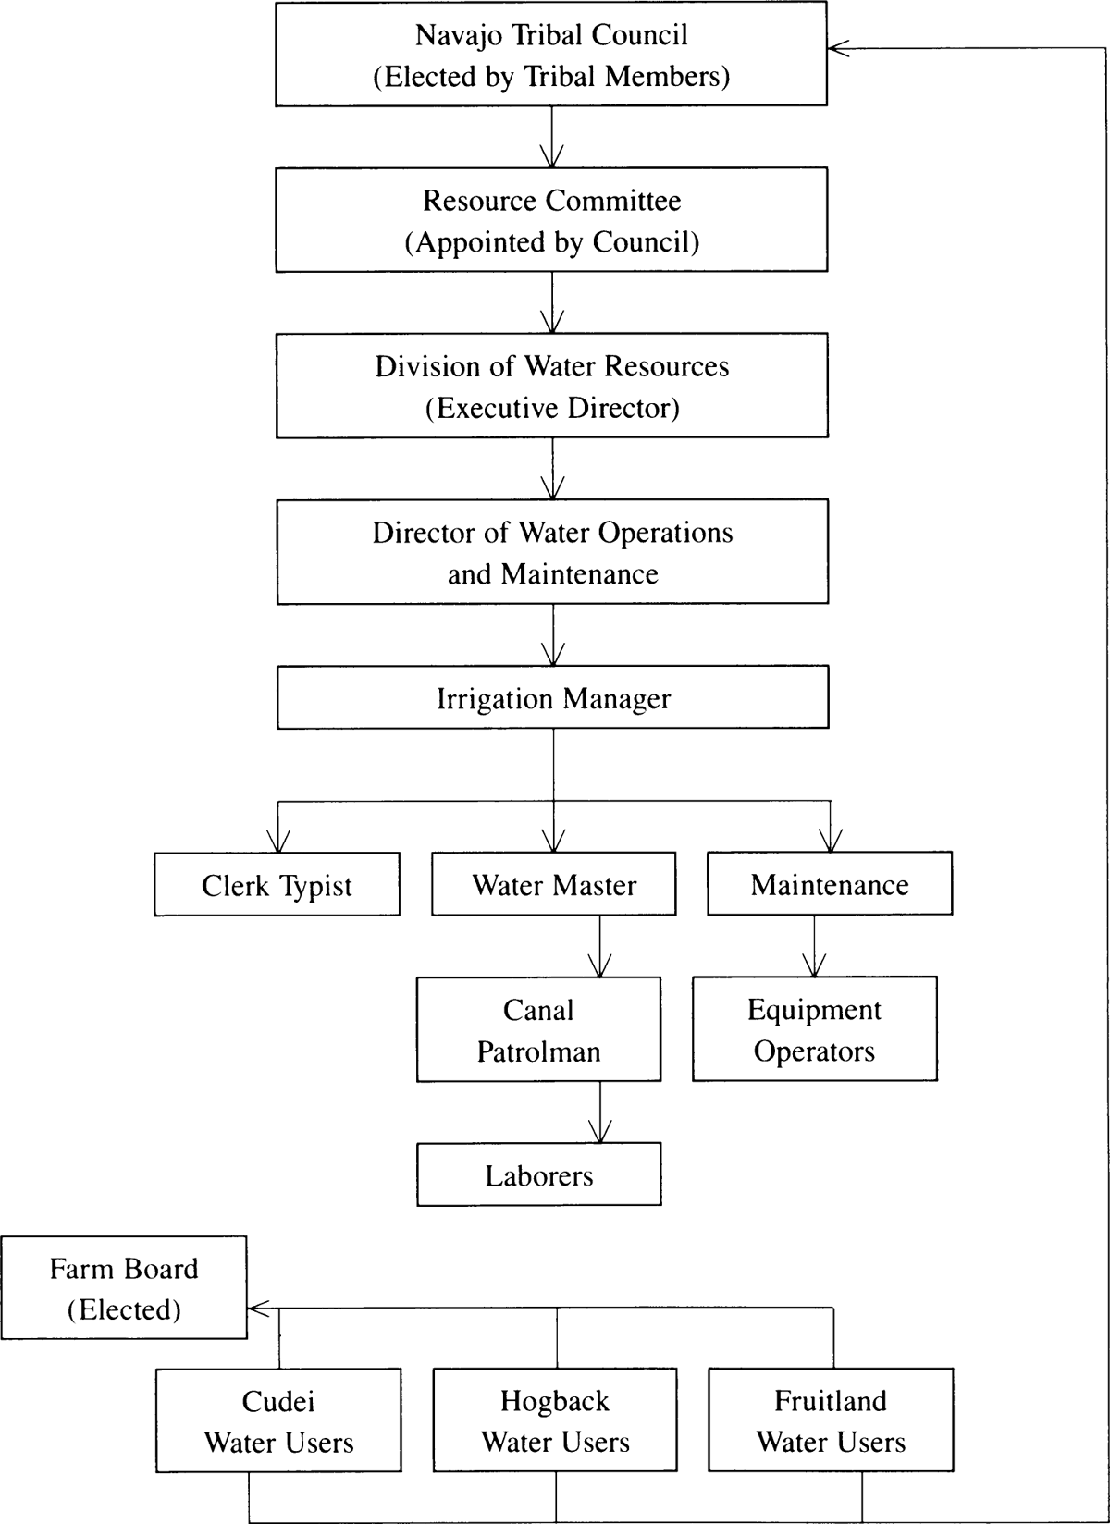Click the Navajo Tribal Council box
point(551,55)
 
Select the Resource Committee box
point(551,220)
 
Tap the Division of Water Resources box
point(551,386)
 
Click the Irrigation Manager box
point(552,698)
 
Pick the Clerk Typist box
point(277,885)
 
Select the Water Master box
point(553,885)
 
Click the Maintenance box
point(830,885)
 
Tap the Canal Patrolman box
point(538,1030)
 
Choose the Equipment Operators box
point(814,1030)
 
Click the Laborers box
point(538,1175)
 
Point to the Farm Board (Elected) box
point(123,1288)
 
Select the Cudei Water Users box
point(278,1421)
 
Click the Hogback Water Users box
point(555,1421)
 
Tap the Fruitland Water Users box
point(831,1421)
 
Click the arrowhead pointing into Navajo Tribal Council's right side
point(837,49)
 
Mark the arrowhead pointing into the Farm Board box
point(258,1309)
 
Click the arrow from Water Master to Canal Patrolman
point(600,948)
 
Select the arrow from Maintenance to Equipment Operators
point(814,947)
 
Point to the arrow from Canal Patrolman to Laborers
point(600,1113)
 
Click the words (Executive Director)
point(552,408)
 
